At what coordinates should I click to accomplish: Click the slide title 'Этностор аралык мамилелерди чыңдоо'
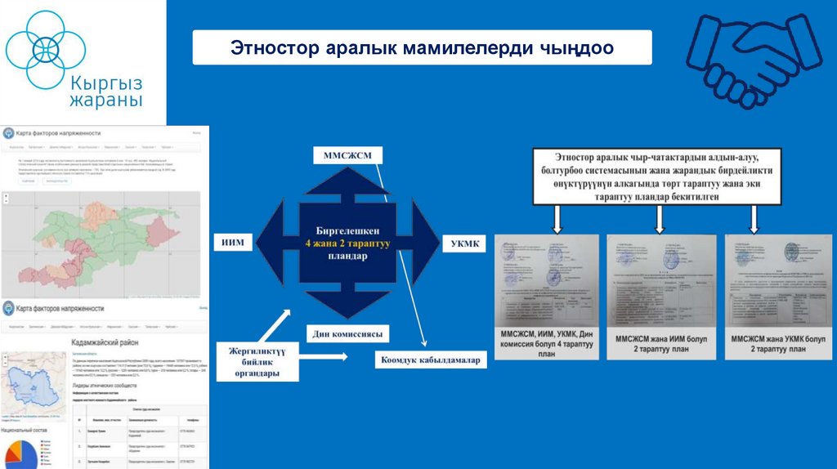(x=422, y=48)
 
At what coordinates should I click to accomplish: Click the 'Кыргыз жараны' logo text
(x=105, y=91)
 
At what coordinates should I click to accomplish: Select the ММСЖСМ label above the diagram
(x=347, y=155)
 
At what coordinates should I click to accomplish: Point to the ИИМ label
(x=232, y=242)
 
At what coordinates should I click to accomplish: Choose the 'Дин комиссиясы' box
(x=347, y=334)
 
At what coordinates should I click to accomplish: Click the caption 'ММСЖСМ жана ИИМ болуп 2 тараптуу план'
(x=661, y=344)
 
